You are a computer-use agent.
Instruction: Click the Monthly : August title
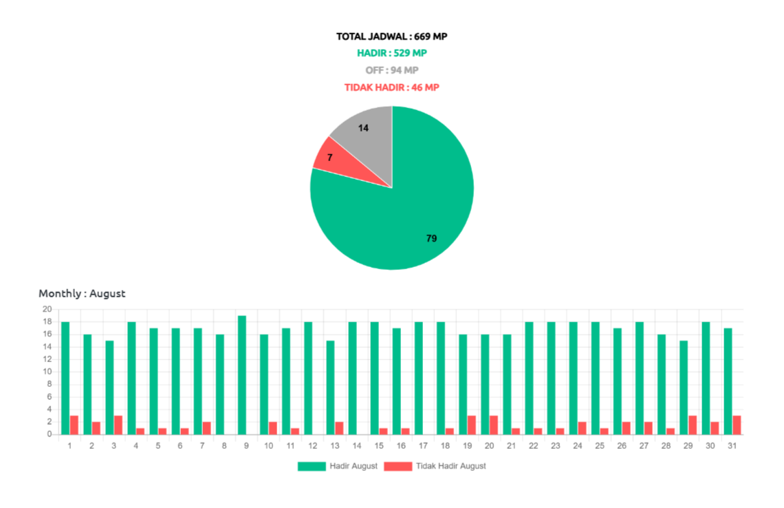(x=82, y=293)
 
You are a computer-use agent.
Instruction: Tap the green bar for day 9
(x=242, y=374)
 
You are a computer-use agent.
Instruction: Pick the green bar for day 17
(x=418, y=378)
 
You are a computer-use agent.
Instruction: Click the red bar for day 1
(x=74, y=425)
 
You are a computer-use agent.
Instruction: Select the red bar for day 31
(x=737, y=425)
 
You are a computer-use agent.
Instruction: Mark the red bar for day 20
(x=494, y=425)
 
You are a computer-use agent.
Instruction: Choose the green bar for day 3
(x=109, y=387)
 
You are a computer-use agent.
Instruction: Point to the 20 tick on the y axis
(x=47, y=308)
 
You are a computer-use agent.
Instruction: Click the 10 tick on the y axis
(x=47, y=371)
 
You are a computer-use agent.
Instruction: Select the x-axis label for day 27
(x=644, y=446)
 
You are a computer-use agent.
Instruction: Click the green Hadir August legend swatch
(x=312, y=466)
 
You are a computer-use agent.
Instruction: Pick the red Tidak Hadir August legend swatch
(x=398, y=466)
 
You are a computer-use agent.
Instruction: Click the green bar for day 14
(x=352, y=378)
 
